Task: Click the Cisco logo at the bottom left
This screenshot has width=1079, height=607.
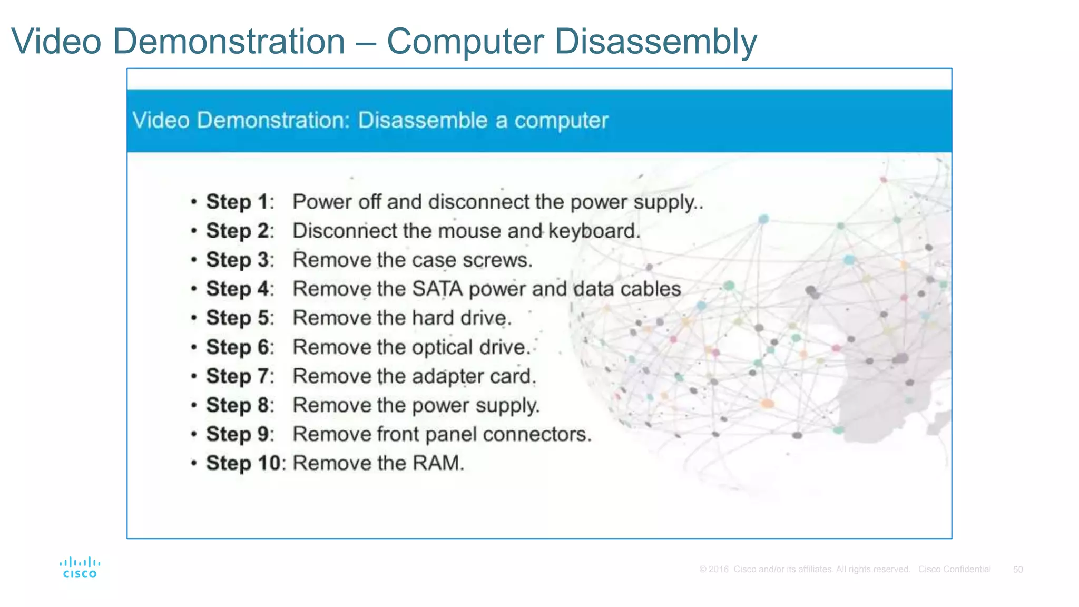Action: coord(80,567)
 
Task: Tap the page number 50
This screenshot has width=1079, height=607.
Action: coord(1018,570)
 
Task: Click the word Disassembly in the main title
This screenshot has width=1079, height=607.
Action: coord(655,41)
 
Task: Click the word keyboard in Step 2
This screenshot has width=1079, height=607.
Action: coord(594,231)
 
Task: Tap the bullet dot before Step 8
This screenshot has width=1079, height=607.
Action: coord(194,405)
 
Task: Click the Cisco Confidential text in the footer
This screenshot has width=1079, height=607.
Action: coord(954,570)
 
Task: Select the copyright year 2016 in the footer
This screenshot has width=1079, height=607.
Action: coord(718,570)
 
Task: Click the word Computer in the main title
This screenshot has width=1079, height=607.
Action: coord(465,41)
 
